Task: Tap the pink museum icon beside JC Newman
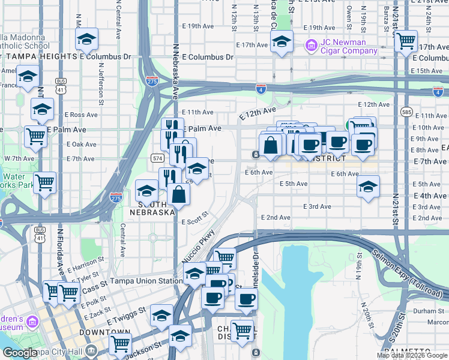[x=311, y=45]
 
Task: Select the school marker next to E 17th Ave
[x=281, y=42]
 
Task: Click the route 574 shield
[x=157, y=158]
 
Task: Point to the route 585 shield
[x=407, y=112]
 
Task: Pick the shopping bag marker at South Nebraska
[x=179, y=194]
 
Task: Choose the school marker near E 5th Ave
[x=368, y=187]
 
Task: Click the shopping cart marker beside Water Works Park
[x=44, y=182]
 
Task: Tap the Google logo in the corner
[x=19, y=353]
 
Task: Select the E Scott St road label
[x=194, y=218]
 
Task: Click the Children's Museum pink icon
[x=32, y=323]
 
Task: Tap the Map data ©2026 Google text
[x=412, y=355]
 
